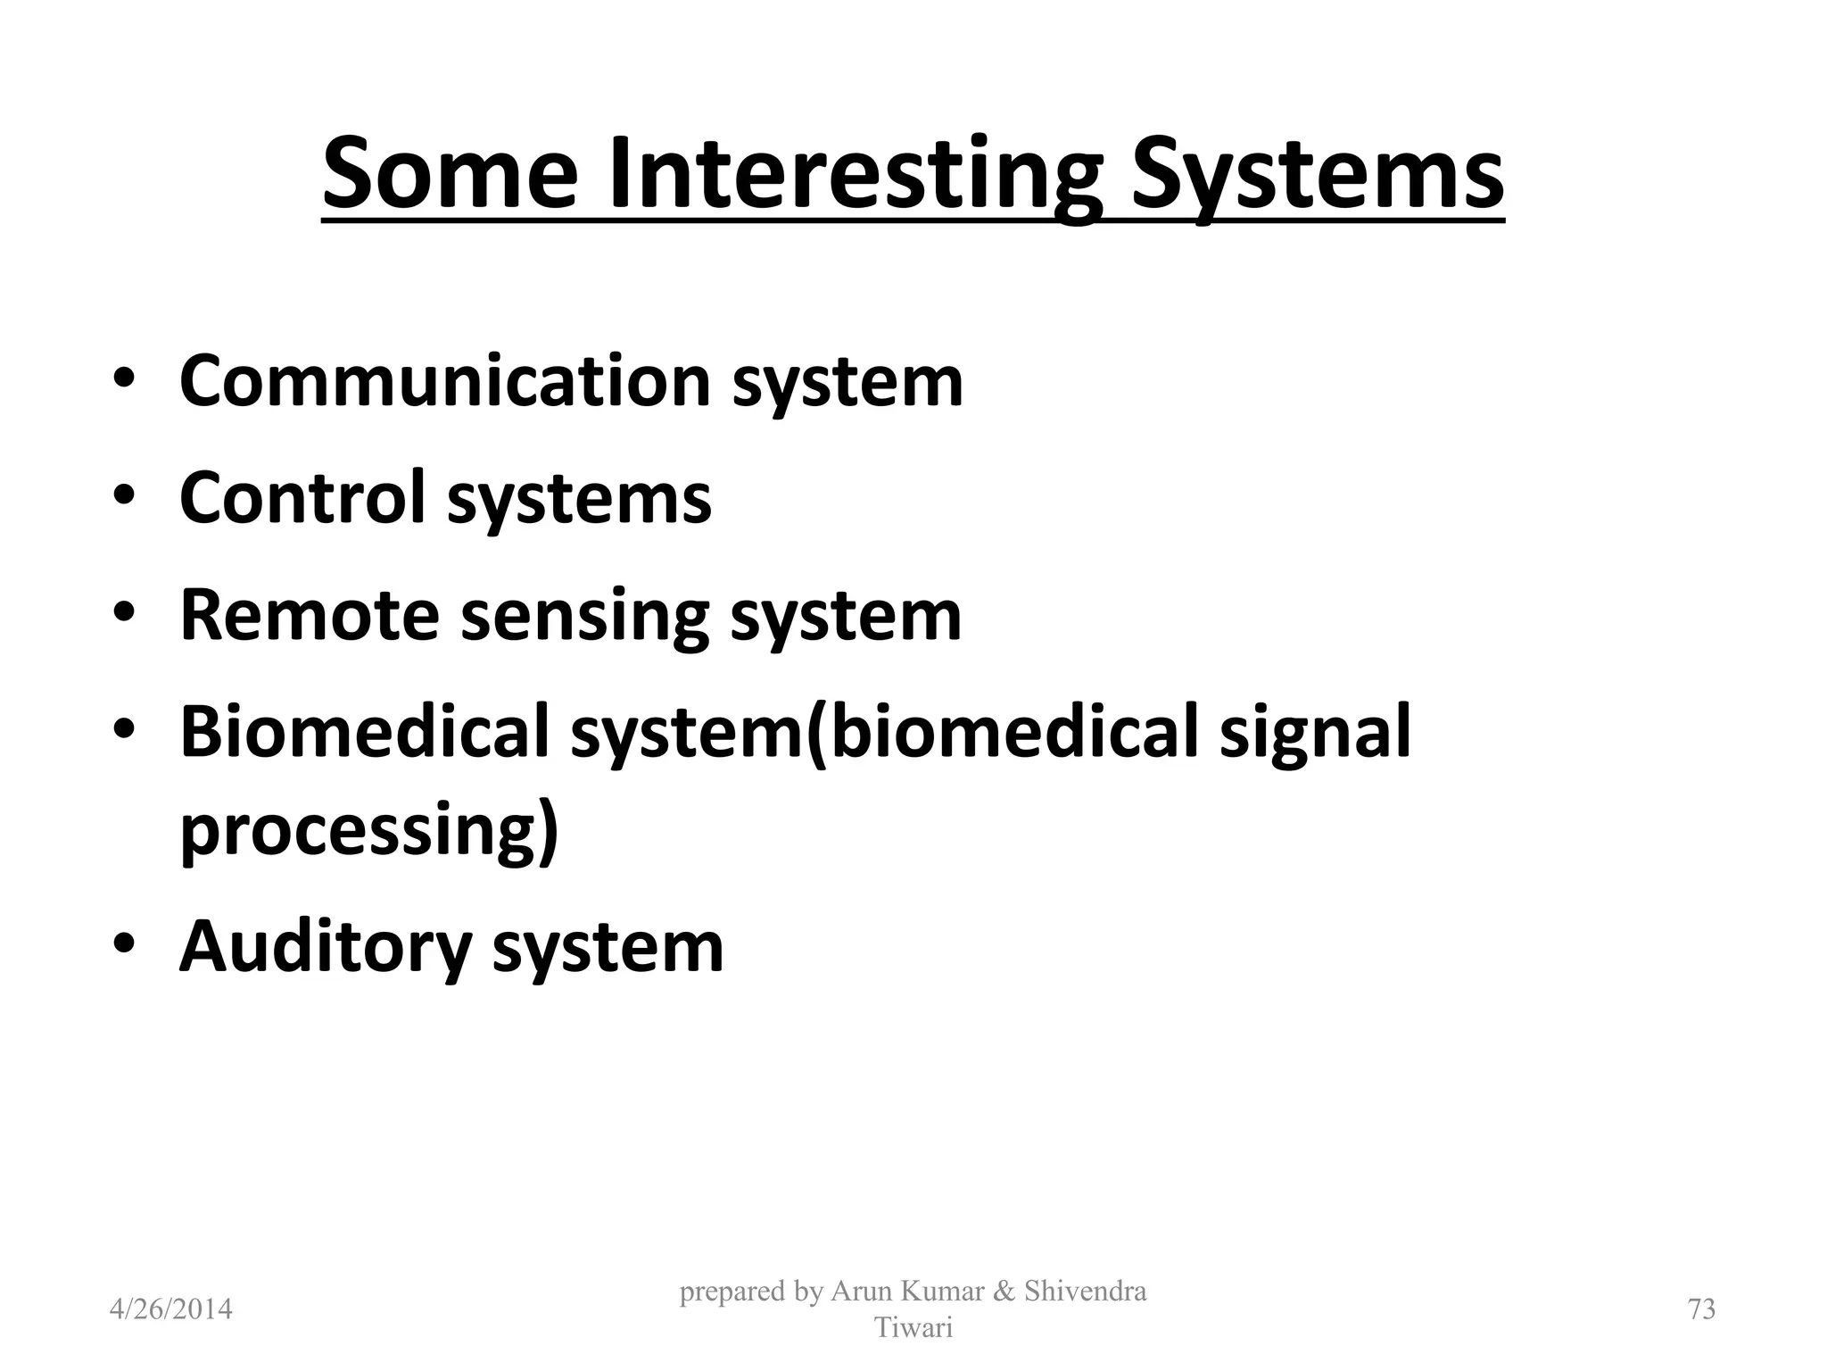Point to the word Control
[302, 497]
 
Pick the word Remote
[310, 615]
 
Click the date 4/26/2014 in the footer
[170, 1309]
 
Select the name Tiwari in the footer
[913, 1328]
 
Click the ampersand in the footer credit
[1003, 1292]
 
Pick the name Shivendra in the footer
[1085, 1292]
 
